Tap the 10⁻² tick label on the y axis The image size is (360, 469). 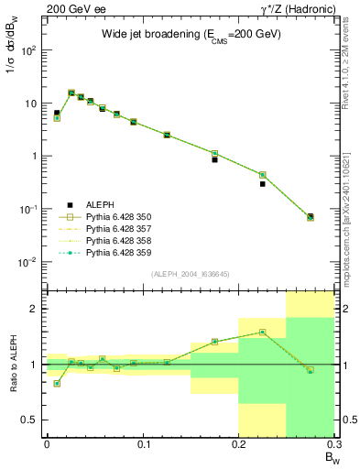pyautogui.click(x=28, y=262)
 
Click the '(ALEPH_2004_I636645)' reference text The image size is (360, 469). pyautogui.click(x=189, y=274)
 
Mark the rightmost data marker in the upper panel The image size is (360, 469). pyautogui.click(x=311, y=217)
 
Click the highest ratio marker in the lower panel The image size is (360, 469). pyautogui.click(x=262, y=333)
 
